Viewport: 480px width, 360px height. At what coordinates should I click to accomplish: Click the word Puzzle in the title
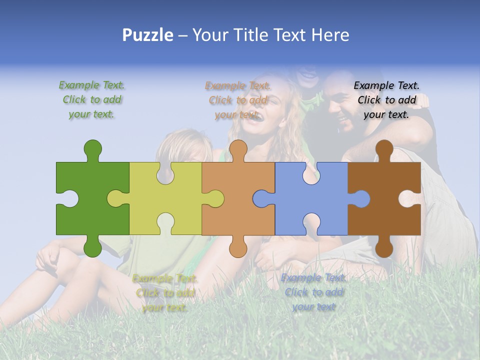pos(148,35)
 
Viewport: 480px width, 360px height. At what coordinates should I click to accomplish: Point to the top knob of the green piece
pos(92,149)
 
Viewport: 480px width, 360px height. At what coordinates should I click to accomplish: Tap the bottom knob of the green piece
pos(92,247)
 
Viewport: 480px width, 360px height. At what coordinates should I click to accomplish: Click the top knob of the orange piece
pos(238,149)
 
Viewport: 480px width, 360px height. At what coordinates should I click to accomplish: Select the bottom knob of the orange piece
pos(238,247)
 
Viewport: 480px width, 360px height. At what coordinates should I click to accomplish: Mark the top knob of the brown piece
pos(384,149)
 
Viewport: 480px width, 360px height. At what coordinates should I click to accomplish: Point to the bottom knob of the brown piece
pos(384,247)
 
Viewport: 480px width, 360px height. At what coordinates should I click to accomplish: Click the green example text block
pos(92,99)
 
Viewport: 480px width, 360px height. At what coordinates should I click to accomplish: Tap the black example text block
pos(386,99)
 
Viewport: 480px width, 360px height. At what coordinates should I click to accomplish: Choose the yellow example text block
pos(165,292)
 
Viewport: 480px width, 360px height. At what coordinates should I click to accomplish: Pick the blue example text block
pos(313,292)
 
